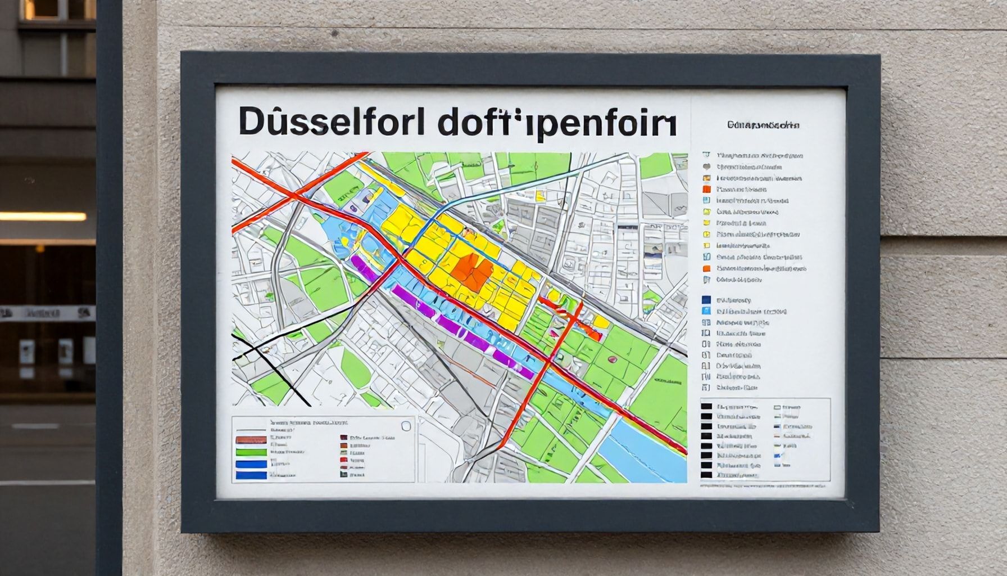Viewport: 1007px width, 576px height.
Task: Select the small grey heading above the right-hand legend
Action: (x=763, y=125)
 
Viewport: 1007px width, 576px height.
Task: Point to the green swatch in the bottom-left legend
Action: (x=251, y=452)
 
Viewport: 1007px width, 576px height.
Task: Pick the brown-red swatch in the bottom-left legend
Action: (x=251, y=439)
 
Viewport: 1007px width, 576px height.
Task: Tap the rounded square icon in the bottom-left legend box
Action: (x=406, y=426)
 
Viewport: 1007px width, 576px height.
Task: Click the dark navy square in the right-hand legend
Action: (x=706, y=300)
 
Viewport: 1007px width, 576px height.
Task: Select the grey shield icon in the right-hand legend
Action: (x=707, y=166)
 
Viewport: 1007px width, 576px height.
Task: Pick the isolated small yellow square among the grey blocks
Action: (x=539, y=196)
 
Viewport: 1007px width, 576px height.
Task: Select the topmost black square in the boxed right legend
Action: (x=706, y=406)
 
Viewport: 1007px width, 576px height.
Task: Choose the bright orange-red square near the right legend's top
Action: (x=707, y=190)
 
